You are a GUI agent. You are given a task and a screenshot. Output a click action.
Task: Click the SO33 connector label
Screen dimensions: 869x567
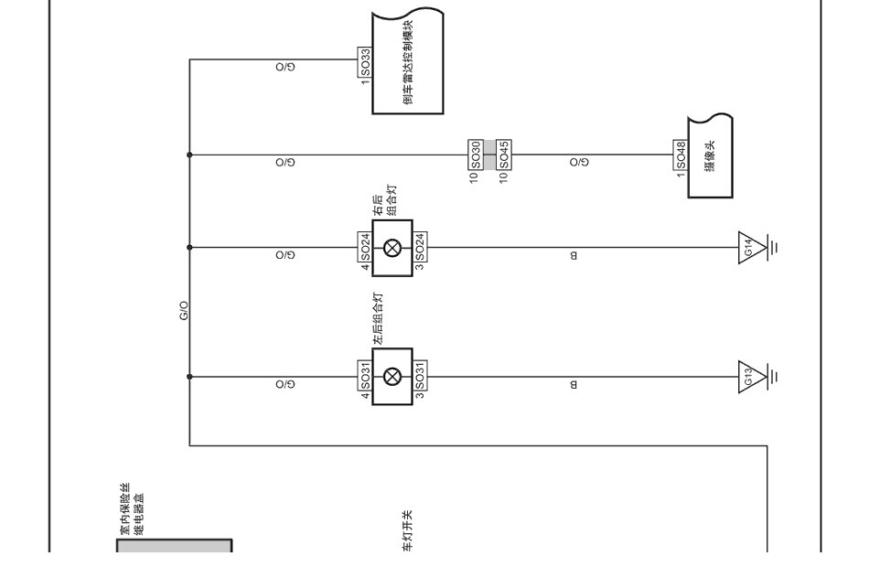[x=365, y=62]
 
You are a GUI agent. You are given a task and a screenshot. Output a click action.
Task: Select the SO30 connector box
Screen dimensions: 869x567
[x=476, y=155]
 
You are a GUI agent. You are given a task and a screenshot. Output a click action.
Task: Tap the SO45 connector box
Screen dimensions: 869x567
[x=504, y=155]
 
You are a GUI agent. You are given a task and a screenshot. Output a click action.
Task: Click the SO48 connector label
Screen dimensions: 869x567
[x=681, y=155]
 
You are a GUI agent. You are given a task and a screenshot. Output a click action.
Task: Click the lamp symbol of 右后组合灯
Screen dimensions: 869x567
[x=392, y=248]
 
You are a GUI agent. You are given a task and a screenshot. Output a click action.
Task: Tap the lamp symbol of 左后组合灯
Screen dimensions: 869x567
[x=392, y=377]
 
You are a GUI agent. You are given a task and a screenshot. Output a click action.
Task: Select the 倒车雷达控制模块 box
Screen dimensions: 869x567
[x=407, y=61]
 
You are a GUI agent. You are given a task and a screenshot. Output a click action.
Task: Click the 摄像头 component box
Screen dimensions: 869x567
[x=711, y=155]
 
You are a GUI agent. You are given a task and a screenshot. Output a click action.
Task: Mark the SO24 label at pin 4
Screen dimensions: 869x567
[x=365, y=247]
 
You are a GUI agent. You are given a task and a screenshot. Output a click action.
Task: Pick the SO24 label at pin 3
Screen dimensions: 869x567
[x=420, y=247]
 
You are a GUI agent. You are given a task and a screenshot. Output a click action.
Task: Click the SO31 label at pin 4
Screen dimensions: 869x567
[x=365, y=377]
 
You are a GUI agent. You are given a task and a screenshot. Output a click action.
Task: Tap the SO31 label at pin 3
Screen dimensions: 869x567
[x=420, y=377]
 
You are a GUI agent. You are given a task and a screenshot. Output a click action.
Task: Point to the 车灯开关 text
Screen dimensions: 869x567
[x=407, y=531]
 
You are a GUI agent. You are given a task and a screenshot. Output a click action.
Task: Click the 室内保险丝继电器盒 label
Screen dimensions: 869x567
[x=132, y=508]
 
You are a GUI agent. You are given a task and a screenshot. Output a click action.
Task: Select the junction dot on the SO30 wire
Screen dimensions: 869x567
[x=189, y=155]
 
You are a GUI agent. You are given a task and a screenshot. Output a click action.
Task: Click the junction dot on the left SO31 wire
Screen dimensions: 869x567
[x=189, y=377]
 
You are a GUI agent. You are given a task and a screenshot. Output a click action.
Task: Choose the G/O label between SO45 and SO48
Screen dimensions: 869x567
[x=579, y=163]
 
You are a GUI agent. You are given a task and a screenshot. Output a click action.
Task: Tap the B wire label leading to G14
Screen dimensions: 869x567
[x=574, y=255]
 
